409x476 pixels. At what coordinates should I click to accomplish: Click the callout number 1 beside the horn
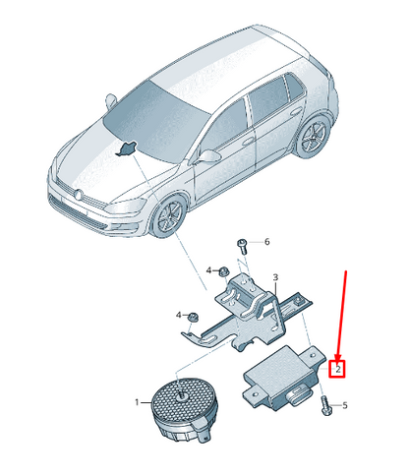[137, 402]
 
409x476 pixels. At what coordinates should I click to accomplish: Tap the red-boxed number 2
[338, 370]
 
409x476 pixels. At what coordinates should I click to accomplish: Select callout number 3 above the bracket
[275, 277]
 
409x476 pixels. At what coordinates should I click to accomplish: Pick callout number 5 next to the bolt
[345, 405]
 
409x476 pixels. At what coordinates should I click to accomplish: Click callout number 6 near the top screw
[267, 242]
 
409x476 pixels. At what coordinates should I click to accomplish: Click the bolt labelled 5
[326, 405]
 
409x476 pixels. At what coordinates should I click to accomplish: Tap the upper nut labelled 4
[224, 271]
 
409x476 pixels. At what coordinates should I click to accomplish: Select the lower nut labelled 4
[191, 317]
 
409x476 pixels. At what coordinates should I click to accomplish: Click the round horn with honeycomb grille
[183, 409]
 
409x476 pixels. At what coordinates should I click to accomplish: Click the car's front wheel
[169, 215]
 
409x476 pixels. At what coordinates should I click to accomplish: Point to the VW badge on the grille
[78, 195]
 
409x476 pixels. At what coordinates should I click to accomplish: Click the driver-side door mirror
[208, 156]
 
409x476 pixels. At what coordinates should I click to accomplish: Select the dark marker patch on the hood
[126, 149]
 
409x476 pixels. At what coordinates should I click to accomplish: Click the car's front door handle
[248, 142]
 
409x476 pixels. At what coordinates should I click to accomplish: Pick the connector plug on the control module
[298, 393]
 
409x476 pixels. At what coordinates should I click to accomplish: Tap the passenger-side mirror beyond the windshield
[111, 100]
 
